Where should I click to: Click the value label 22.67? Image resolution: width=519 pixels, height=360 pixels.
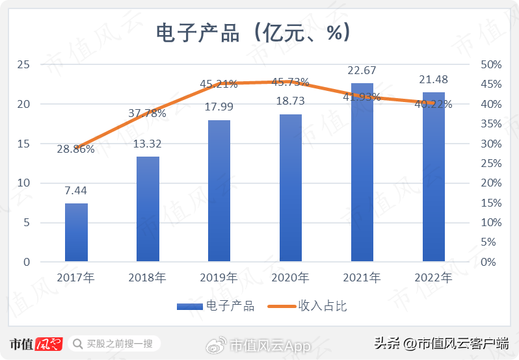coord(362,70)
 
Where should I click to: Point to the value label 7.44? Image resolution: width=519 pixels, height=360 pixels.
coord(76,190)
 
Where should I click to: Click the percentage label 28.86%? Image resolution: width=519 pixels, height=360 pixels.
coord(75,149)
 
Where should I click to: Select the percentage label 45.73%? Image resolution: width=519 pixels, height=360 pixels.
coord(290,83)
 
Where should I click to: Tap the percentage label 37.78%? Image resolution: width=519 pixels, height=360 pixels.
coord(147,113)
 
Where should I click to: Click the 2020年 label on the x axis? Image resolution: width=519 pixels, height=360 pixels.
coord(290,278)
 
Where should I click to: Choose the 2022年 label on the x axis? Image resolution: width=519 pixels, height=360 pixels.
coord(433,278)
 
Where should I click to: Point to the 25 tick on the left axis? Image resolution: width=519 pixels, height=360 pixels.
coord(23,64)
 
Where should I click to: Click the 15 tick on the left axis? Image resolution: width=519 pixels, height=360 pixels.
coord(23,144)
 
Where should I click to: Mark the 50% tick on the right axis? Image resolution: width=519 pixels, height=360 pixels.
coord(490,64)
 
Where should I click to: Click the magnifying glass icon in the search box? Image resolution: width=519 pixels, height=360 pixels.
coord(77,343)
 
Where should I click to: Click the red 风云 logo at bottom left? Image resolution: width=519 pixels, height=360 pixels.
coord(48,343)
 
